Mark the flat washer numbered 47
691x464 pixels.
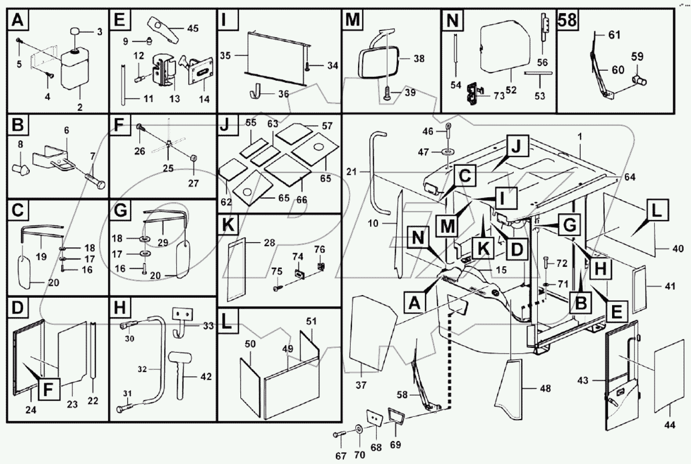(x=448, y=151)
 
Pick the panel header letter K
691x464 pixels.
(x=228, y=225)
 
